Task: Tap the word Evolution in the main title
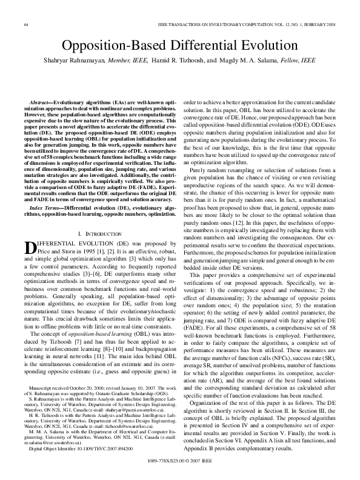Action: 271,45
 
